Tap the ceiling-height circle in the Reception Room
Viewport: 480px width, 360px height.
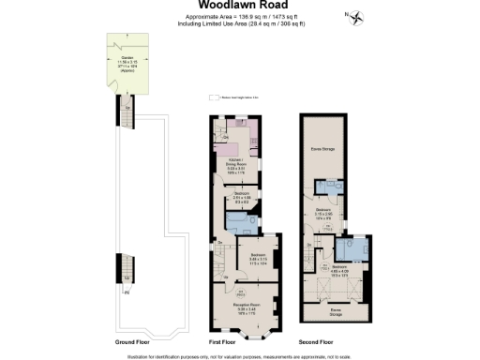[226, 295]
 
